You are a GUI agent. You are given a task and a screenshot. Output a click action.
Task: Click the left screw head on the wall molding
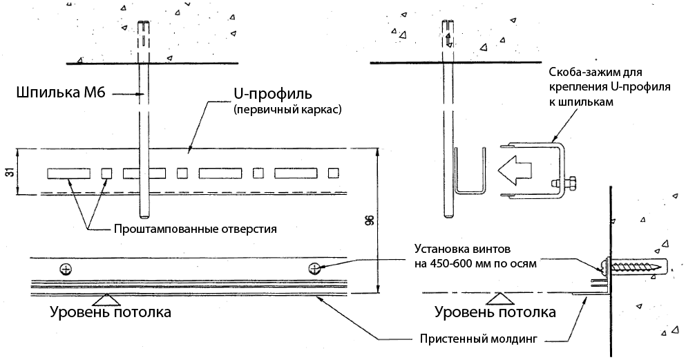point(66,267)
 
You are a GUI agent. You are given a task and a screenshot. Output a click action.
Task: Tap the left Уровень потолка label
point(111,312)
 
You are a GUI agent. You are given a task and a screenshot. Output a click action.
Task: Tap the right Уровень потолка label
point(495,312)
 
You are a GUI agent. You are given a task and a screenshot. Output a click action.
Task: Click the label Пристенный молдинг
point(478,339)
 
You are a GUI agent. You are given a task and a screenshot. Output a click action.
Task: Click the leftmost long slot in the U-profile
point(68,172)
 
